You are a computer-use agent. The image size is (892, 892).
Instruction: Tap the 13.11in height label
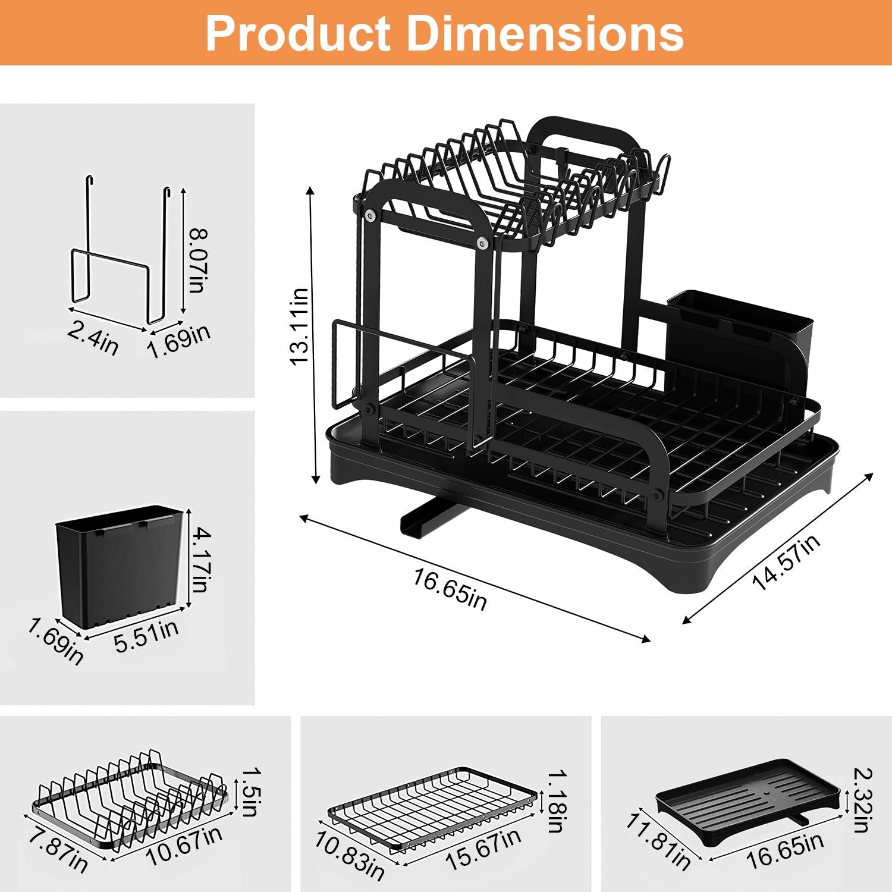(299, 326)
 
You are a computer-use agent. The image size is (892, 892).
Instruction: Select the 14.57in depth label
(786, 562)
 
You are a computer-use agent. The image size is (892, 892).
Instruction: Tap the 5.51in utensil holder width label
(146, 636)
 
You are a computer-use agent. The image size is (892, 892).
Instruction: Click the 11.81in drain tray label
(658, 840)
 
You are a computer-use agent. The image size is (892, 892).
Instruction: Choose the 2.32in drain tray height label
(862, 800)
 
